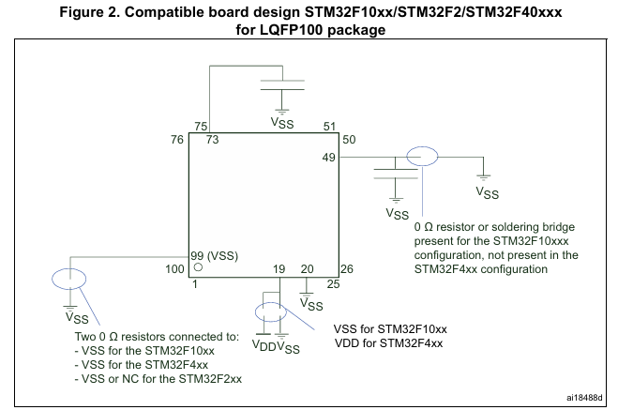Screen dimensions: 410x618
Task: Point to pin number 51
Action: pyautogui.click(x=328, y=126)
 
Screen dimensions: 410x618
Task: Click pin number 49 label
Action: pyautogui.click(x=328, y=157)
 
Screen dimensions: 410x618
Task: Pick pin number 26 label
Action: pyautogui.click(x=347, y=268)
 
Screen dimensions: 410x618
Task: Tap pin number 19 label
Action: pyautogui.click(x=279, y=269)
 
